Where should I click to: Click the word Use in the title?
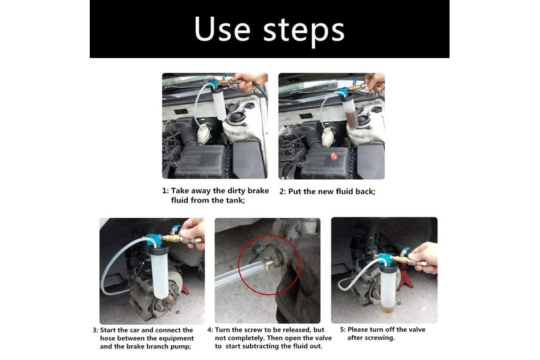(x=222, y=29)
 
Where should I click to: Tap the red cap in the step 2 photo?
(x=333, y=156)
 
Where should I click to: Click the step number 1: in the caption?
(x=165, y=191)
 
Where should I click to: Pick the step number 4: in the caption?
(x=210, y=330)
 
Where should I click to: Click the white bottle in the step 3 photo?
(x=159, y=272)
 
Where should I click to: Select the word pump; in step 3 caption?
(x=180, y=346)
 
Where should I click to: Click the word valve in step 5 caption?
(x=416, y=330)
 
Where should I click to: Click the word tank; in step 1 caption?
(x=235, y=200)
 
